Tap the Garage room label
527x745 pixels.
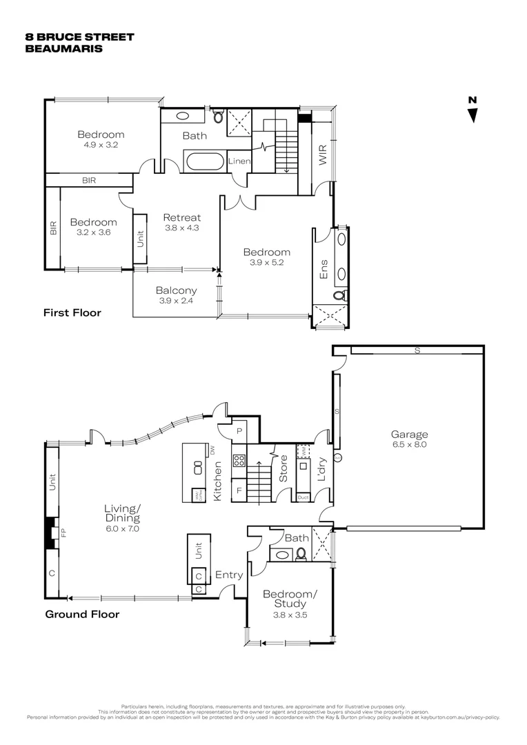click(409, 435)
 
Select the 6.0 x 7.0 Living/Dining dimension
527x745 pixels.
click(123, 528)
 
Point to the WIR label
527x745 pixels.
click(322, 155)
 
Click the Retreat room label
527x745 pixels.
click(181, 217)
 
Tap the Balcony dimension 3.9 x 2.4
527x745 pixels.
click(176, 301)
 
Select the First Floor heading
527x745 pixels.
click(72, 312)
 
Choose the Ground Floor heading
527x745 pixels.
click(82, 614)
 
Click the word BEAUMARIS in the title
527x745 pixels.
click(63, 49)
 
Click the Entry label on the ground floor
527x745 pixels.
click(228, 575)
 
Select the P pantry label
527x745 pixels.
click(239, 430)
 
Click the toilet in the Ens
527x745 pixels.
click(339, 295)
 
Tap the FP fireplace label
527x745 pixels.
click(63, 533)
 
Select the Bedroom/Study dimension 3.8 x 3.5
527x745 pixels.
click(289, 615)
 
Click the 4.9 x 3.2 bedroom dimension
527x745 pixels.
click(101, 146)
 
